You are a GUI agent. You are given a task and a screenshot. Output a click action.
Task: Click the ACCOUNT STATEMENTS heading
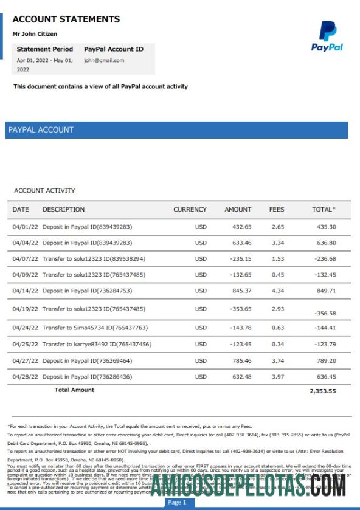[66, 19]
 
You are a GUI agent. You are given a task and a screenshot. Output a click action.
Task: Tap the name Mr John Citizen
[35, 34]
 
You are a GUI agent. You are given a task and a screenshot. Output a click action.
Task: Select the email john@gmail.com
[104, 61]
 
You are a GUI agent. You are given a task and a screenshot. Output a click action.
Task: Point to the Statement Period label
[45, 49]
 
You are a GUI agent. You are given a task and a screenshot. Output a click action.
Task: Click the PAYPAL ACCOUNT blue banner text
[41, 129]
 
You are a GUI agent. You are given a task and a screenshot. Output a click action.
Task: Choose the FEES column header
[277, 210]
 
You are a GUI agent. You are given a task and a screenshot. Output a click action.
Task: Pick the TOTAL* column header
[324, 210]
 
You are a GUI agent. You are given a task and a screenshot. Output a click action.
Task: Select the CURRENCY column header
[190, 210]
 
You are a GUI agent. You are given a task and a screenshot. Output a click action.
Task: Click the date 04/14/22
[25, 291]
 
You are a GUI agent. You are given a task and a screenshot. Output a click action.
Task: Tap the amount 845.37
[238, 291]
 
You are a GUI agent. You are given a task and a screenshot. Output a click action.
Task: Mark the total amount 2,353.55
[322, 391]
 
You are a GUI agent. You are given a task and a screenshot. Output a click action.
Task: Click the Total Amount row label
[74, 390]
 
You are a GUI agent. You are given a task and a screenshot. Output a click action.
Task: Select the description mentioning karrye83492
[97, 345]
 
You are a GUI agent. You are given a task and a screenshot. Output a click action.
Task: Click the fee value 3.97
[278, 377]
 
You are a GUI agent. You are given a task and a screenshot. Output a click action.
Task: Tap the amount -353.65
[236, 309]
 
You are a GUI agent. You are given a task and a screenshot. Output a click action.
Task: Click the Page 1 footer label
[177, 503]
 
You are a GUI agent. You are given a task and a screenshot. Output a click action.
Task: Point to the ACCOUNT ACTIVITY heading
[44, 191]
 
